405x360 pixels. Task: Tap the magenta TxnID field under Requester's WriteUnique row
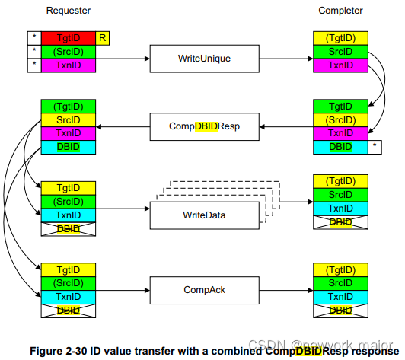(69, 65)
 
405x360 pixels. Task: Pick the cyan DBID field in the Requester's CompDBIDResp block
(69, 146)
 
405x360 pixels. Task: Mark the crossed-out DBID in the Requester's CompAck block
(69, 311)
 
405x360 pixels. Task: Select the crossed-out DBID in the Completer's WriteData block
(340, 221)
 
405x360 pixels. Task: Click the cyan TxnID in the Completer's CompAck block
(340, 297)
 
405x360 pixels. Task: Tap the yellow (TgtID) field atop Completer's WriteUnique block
(340, 37)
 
